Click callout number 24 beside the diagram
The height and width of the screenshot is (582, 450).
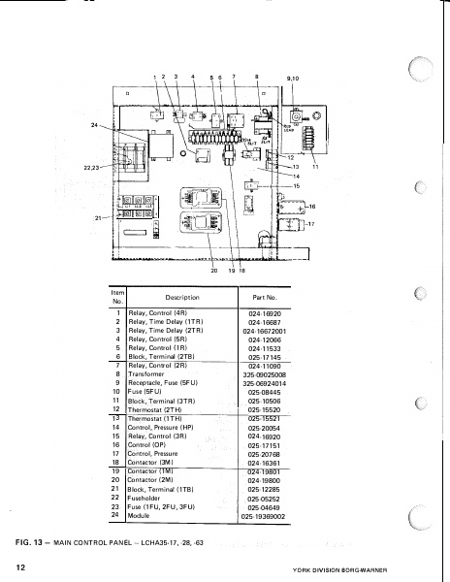click(x=95, y=126)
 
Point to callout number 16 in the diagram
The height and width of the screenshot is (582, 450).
click(x=312, y=207)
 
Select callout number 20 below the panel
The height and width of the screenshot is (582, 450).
click(x=213, y=271)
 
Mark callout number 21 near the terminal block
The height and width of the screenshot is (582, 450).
click(x=97, y=218)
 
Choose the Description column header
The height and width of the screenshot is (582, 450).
click(x=180, y=298)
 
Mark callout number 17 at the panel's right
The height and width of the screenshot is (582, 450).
click(x=311, y=225)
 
